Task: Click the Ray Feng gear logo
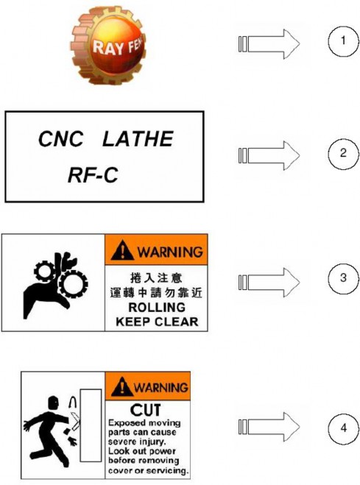click(108, 46)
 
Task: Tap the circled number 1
click(343, 41)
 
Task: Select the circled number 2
click(343, 154)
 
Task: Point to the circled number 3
click(343, 278)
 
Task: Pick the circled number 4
click(343, 429)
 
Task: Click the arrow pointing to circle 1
click(269, 44)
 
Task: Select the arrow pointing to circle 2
click(269, 155)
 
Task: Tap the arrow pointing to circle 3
click(269, 283)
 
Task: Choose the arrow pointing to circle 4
click(269, 427)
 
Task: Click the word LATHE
click(138, 139)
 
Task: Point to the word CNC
click(61, 139)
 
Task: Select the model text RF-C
click(93, 175)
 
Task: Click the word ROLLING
click(157, 308)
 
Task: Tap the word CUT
click(145, 411)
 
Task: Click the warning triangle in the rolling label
click(122, 250)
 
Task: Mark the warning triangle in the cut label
click(122, 386)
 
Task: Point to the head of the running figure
click(53, 403)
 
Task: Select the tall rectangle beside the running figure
click(91, 425)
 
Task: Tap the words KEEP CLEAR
click(157, 322)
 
